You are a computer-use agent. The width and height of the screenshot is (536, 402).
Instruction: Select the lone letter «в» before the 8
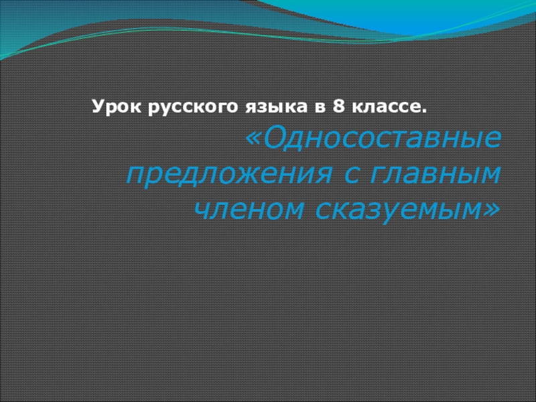click(308, 107)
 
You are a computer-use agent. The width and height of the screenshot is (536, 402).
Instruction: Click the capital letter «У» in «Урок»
click(96, 106)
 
